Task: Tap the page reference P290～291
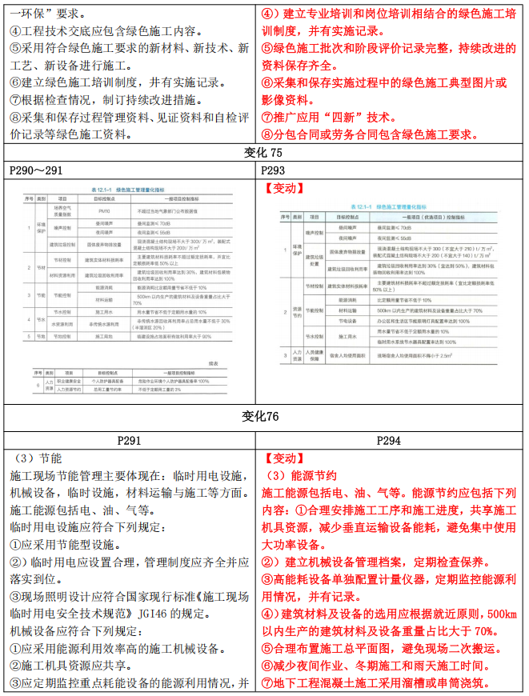point(36,171)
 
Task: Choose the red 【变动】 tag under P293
point(284,189)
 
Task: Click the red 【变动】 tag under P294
point(284,459)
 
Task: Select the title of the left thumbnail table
point(131,190)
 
